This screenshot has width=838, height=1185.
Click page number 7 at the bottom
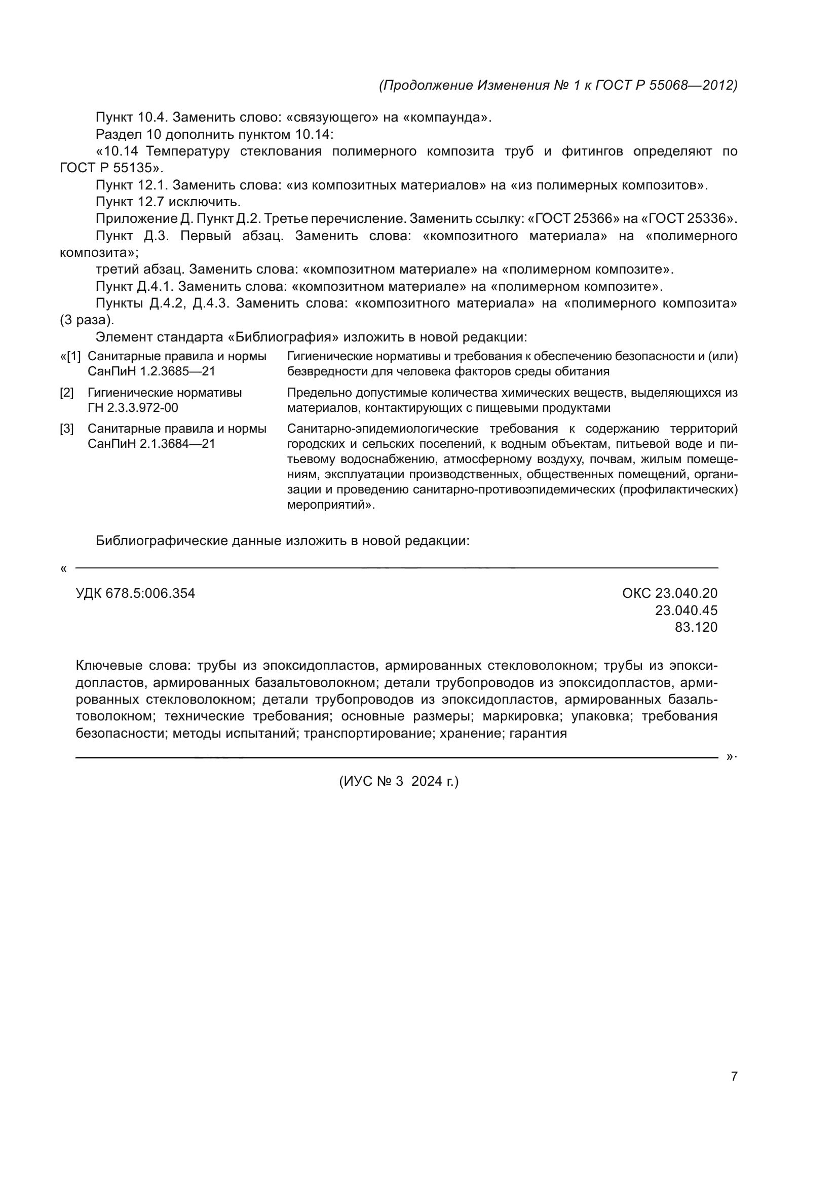[734, 1076]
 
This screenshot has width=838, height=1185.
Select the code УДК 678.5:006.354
[135, 594]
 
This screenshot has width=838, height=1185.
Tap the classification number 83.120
[696, 627]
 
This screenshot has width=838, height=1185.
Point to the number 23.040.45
[686, 610]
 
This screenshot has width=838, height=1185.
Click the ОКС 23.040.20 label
[669, 594]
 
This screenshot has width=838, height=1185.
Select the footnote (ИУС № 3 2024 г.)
[398, 781]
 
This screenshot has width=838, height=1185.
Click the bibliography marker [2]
[67, 393]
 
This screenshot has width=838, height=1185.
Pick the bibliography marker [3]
[67, 429]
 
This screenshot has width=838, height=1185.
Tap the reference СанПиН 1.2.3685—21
[151, 371]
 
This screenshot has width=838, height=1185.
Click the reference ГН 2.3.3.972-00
[133, 408]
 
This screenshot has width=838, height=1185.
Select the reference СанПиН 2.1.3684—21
[151, 444]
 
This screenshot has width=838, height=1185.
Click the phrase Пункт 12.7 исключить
[168, 202]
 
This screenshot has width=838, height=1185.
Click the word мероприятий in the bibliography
[329, 505]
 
